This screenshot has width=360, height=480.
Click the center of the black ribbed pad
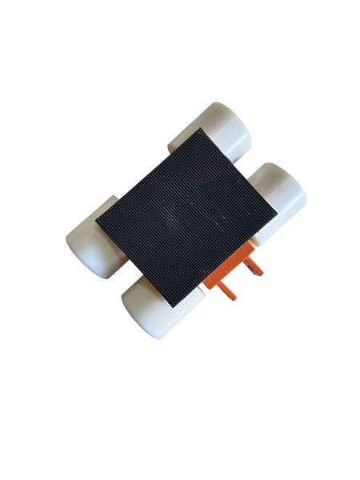pyautogui.click(x=187, y=211)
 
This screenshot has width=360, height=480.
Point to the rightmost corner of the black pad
pyautogui.click(x=278, y=214)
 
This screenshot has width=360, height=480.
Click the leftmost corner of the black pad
pyautogui.click(x=96, y=217)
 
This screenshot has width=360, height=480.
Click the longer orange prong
pyautogui.click(x=228, y=289)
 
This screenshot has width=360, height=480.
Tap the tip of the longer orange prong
pyautogui.click(x=235, y=298)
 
